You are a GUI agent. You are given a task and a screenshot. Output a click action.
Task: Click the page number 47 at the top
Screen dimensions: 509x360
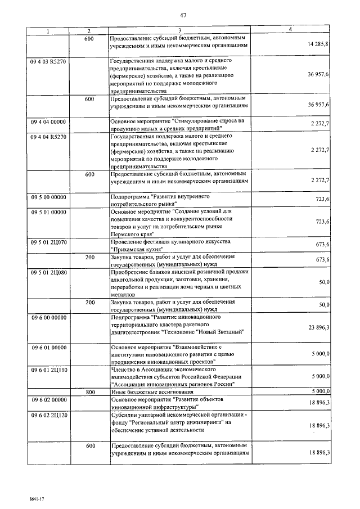coord(183,15)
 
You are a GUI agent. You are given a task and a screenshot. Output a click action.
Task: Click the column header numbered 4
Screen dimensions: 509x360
coord(290,29)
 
